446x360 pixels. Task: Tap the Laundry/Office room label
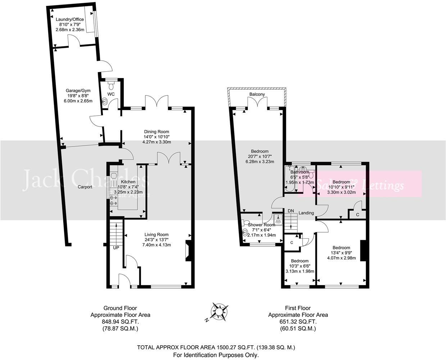(70, 19)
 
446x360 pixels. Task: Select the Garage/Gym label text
(78, 90)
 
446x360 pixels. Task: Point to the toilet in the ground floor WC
(111, 85)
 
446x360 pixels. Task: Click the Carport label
(85, 187)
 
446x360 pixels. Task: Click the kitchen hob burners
(114, 200)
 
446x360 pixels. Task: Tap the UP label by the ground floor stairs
(116, 248)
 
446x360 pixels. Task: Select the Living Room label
(156, 235)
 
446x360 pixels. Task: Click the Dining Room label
(156, 132)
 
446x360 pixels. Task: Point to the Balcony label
(257, 94)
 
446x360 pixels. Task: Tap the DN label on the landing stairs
(291, 211)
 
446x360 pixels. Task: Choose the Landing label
(306, 213)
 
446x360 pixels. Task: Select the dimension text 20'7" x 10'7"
(259, 156)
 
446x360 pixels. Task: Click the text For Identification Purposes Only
(216, 355)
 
